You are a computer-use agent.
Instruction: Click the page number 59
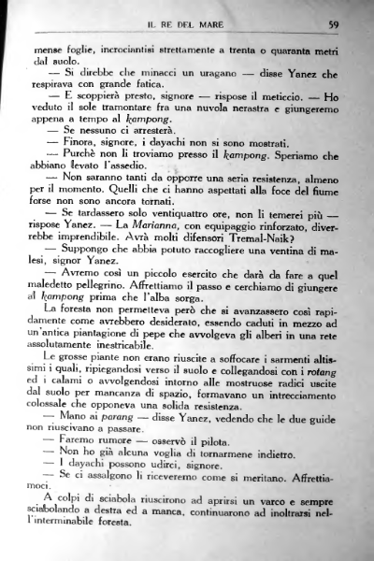(x=332, y=23)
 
